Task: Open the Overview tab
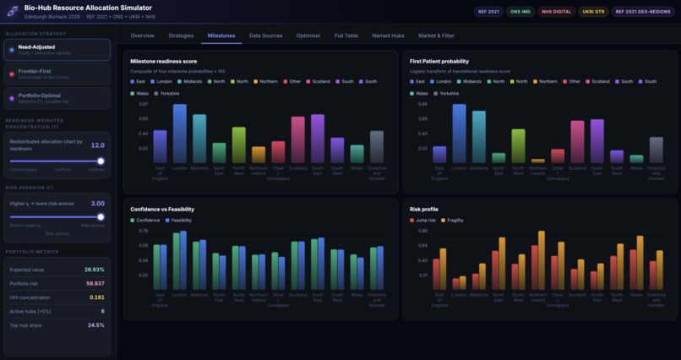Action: [142, 35]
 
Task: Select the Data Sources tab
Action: [265, 35]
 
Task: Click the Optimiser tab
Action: [308, 35]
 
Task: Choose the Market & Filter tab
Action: [436, 35]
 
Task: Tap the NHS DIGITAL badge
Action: [558, 12]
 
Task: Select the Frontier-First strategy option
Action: [57, 74]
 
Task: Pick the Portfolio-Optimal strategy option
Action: [57, 98]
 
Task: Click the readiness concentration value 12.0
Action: [97, 145]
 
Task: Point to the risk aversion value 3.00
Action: [97, 204]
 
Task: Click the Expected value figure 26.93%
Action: [94, 270]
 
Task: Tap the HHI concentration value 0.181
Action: [96, 297]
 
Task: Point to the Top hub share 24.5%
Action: [95, 325]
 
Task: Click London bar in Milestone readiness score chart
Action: [179, 134]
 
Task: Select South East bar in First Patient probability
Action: [597, 141]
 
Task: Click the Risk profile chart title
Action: [423, 208]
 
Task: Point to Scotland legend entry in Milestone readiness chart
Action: [319, 81]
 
